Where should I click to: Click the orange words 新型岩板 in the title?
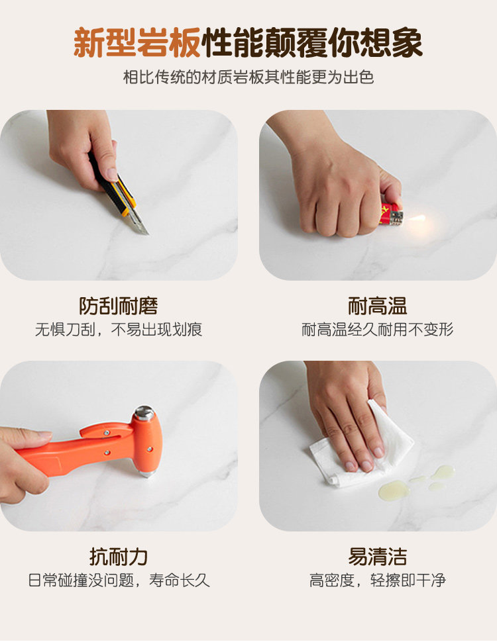(137, 42)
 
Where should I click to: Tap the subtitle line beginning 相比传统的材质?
(248, 77)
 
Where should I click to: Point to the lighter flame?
(415, 218)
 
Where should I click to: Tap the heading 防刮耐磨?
(119, 306)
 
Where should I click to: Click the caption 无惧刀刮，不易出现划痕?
(119, 330)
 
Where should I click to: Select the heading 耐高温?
(377, 306)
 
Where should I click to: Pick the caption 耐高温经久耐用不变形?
(377, 330)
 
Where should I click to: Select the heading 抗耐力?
(119, 557)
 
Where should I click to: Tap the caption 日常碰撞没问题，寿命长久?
(119, 580)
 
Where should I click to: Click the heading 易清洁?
(377, 557)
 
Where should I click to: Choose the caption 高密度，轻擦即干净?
(377, 580)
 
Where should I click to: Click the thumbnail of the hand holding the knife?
(119, 195)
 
